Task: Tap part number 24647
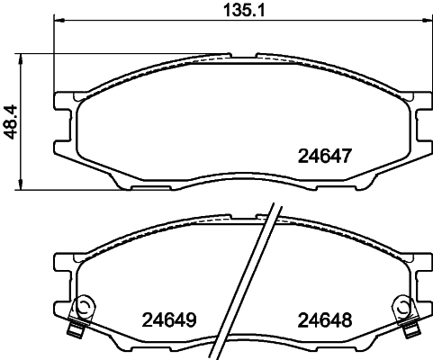point(323,155)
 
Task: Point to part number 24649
point(169,319)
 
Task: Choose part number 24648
point(323,319)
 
